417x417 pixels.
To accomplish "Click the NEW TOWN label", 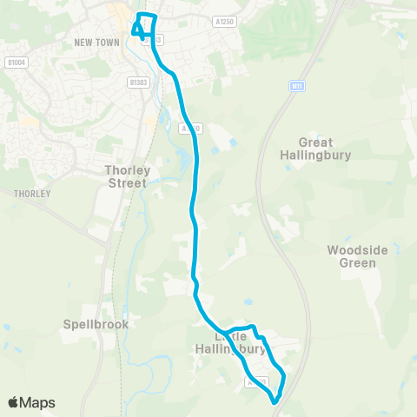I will point(96,41).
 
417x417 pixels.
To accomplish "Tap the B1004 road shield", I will point(14,62).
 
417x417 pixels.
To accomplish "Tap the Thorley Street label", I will point(127,176).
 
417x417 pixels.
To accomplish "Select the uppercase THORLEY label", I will point(32,194).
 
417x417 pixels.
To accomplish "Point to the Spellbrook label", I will point(96,324).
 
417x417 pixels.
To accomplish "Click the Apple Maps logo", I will point(31,402).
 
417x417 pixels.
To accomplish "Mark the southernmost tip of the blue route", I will point(275,402).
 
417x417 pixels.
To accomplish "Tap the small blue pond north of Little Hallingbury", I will point(248,301).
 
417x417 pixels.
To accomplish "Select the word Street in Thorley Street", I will point(127,183).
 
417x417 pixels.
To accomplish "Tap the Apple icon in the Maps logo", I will point(14,402).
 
